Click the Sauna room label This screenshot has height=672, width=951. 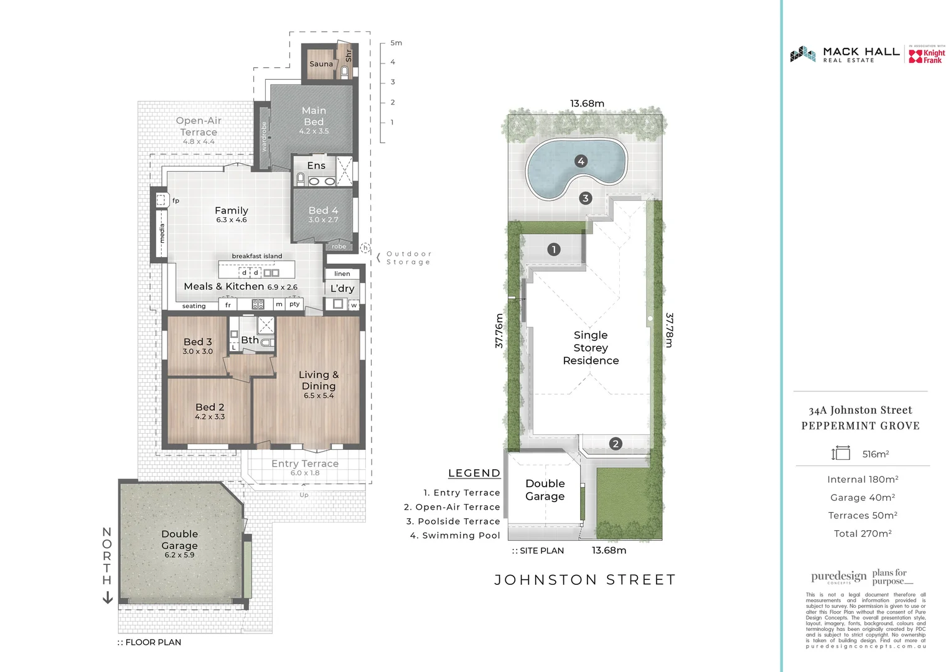point(321,64)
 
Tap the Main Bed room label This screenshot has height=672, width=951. point(314,116)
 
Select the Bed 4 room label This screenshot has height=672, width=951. point(323,211)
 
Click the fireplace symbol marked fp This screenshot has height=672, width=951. point(162,200)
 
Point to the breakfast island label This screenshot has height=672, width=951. point(256,256)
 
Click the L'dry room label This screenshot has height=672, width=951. point(342,289)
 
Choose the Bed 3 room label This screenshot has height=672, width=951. point(197,342)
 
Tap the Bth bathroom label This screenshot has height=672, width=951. point(250,340)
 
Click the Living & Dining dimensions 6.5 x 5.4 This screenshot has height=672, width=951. point(319,396)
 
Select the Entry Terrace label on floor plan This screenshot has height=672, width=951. point(305,464)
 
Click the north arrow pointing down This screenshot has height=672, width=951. point(107,598)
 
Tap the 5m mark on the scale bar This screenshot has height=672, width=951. point(396,43)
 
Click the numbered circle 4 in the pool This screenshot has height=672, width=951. point(581,161)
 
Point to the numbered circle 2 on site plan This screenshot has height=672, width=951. point(616,444)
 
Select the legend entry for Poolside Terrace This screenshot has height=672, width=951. point(453,521)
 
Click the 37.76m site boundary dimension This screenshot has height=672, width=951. point(499,330)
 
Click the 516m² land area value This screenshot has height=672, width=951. point(875,454)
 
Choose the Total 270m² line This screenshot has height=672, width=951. point(863,534)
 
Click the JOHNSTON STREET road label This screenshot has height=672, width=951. point(585,580)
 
